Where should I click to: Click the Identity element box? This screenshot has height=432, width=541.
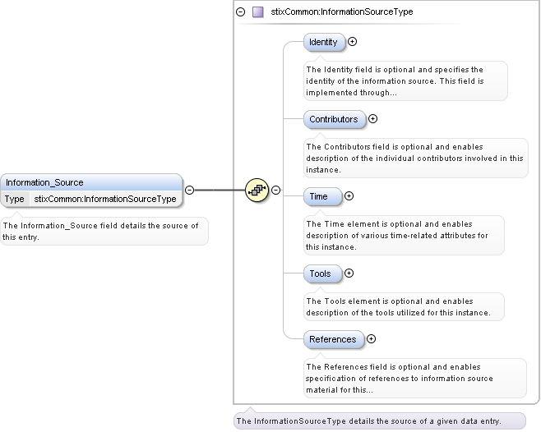323,42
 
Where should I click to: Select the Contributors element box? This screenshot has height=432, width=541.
333,119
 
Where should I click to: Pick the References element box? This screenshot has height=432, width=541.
332,339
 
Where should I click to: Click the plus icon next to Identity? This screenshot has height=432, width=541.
353,41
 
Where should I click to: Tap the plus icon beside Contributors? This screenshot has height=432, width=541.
372,119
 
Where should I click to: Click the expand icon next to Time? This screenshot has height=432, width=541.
349,196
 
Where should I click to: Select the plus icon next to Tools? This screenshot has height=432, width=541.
349,273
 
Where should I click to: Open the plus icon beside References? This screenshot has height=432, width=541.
371,338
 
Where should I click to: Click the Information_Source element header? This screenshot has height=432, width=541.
90,182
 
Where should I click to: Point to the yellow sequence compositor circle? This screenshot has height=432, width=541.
257,190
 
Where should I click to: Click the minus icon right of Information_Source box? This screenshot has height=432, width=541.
189,190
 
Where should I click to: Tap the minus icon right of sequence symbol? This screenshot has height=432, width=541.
276,190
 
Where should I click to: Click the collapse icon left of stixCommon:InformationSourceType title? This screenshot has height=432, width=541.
240,12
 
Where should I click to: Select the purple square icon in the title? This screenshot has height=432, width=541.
257,12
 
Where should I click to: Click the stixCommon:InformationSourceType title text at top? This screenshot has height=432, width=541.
342,12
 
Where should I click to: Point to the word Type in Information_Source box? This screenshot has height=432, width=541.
15,199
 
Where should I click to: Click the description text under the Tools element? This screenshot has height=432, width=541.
398,306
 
